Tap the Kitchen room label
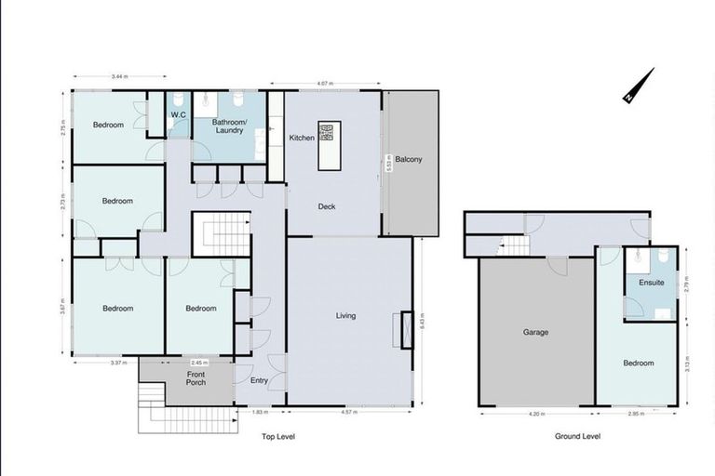[x=302, y=139]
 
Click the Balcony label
[x=408, y=159]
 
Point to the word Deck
[x=326, y=206]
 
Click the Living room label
[x=345, y=316]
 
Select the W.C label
[x=178, y=115]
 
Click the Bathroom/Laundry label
[x=228, y=126]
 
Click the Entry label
[x=259, y=380]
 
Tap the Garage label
[x=535, y=332]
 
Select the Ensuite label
[x=652, y=283]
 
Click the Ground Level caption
[x=578, y=436]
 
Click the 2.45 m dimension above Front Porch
[x=196, y=363]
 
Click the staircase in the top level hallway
[x=221, y=233]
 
